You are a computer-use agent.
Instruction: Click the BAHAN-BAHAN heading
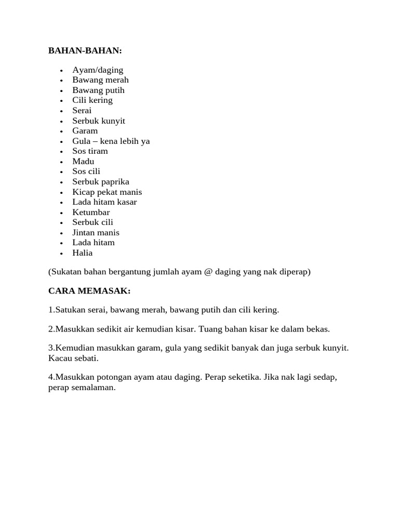85,50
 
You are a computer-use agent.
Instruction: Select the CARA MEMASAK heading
89,290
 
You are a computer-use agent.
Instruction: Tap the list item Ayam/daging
98,70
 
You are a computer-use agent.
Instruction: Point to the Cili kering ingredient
92,100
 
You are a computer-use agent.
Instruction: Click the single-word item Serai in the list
82,110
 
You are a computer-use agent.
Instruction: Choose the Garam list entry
85,131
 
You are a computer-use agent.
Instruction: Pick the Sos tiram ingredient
90,151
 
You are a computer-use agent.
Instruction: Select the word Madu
83,161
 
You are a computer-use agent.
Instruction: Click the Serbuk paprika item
101,182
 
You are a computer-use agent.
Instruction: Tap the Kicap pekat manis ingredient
107,192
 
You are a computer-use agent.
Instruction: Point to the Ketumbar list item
91,212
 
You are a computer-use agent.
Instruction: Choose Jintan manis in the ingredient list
96,233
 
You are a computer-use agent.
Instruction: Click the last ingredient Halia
82,253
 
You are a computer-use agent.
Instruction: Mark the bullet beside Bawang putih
61,91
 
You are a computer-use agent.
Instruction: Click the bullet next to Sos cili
61,172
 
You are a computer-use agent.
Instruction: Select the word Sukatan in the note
65,272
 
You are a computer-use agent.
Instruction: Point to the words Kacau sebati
73,358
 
